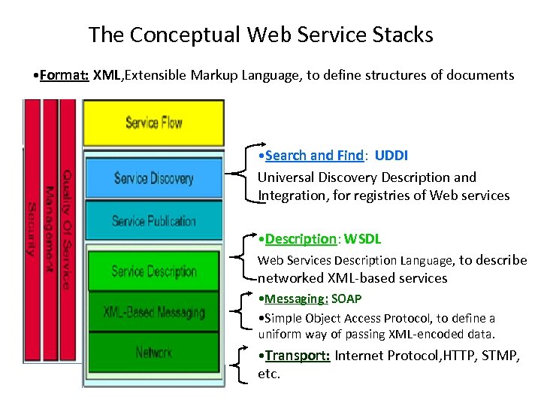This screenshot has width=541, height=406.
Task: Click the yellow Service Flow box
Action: point(153,122)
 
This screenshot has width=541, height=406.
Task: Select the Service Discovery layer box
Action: point(154,178)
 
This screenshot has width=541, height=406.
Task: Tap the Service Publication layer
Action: point(154,221)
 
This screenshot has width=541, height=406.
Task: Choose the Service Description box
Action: point(154,271)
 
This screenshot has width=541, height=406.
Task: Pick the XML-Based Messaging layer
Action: point(154,312)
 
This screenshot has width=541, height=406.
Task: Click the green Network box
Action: point(154,352)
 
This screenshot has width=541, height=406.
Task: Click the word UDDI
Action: point(391,156)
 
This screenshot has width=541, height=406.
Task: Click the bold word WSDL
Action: point(363,239)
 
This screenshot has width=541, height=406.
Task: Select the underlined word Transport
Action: point(298,356)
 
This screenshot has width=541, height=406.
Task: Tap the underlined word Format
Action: point(65,75)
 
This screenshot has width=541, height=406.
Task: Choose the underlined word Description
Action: point(301,239)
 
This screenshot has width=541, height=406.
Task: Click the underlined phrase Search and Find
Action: point(314,156)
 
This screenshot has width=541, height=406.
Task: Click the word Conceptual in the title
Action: point(178,35)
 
